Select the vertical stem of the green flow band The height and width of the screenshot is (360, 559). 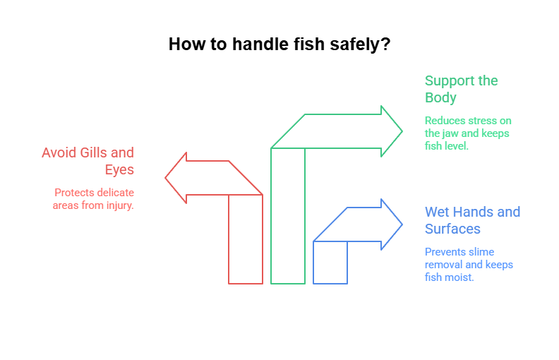291,233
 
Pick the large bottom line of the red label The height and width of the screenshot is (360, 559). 92,200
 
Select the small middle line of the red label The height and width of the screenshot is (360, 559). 119,169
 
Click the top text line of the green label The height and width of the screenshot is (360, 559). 461,80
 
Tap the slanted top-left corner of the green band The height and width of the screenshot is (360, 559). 287,131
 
